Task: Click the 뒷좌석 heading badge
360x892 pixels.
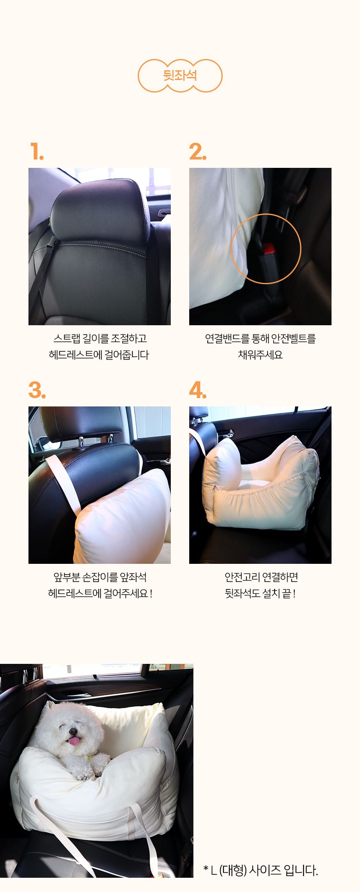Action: pos(180,76)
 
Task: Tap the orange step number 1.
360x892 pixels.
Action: pos(37,152)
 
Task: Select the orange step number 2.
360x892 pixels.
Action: pos(198,152)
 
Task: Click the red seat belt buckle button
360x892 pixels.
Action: pos(267,251)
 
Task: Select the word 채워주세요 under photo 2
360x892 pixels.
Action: pos(260,355)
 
